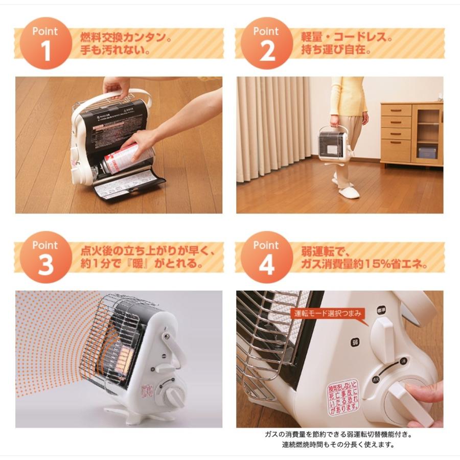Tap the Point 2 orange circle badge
click(266, 43)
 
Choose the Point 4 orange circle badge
click(266, 257)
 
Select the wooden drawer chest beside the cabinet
click(396, 134)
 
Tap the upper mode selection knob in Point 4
click(381, 332)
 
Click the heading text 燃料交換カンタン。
click(125, 38)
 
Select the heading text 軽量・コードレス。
click(347, 38)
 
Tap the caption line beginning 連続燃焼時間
click(338, 444)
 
